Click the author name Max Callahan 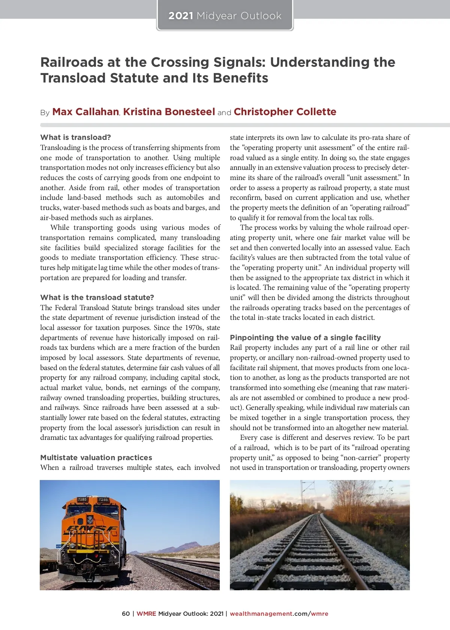(85, 112)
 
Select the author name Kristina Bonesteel (169, 112)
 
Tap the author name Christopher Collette (285, 112)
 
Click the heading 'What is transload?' (75, 137)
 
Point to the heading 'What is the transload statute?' (97, 297)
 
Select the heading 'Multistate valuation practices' (96, 457)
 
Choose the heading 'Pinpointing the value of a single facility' (305, 337)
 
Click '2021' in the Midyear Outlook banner (181, 16)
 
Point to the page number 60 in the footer (126, 614)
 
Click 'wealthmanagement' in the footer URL (261, 614)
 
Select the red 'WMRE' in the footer (146, 614)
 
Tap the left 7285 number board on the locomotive (82, 499)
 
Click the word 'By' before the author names (45, 113)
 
